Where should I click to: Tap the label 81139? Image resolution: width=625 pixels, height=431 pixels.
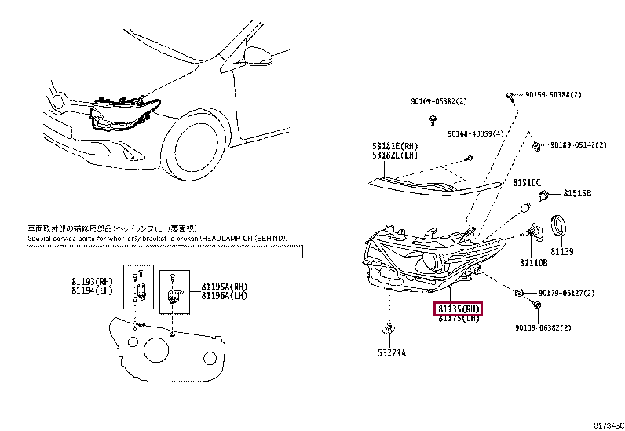(562, 251)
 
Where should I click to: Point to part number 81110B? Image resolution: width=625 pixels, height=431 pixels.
(533, 263)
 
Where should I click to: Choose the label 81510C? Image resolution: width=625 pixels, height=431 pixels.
(528, 182)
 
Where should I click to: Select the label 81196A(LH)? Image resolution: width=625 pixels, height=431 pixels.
(224, 296)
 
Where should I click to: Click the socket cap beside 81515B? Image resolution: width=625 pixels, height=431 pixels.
(547, 192)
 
